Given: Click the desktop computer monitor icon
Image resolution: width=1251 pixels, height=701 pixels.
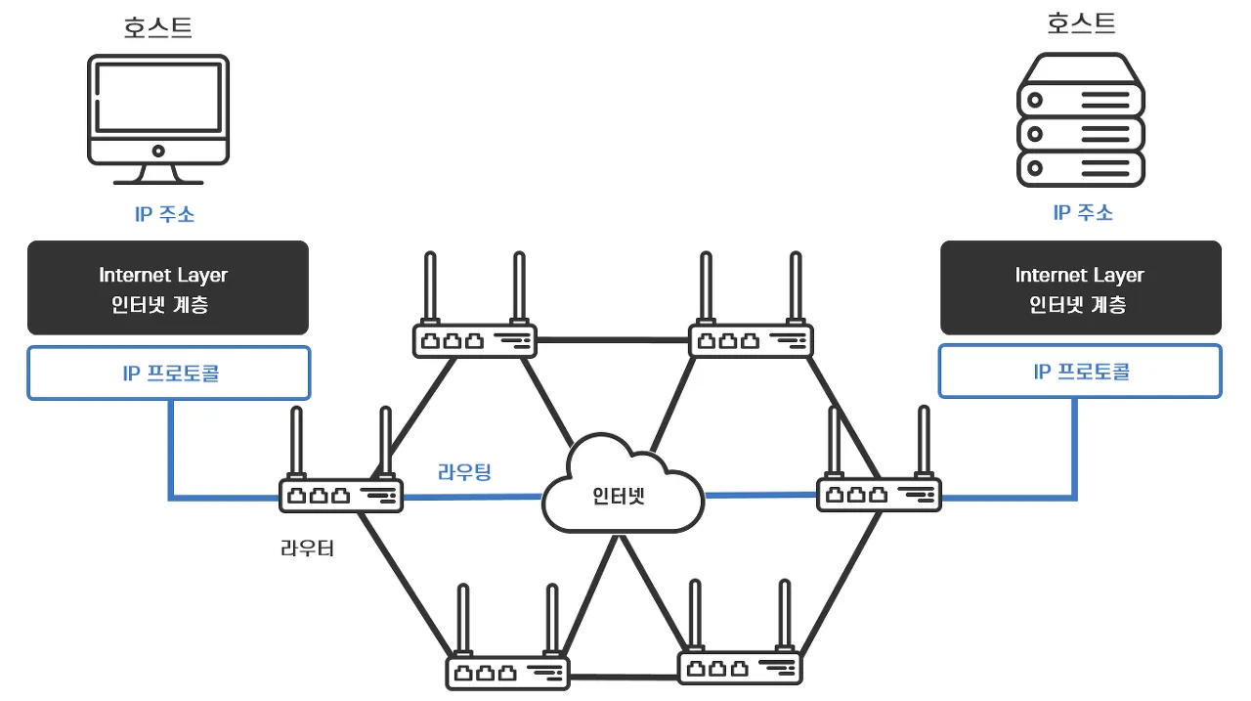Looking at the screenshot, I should [158, 117].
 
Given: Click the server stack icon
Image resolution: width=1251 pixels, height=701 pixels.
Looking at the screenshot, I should [1080, 120].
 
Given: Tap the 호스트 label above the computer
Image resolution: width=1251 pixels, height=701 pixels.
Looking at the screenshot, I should [158, 27].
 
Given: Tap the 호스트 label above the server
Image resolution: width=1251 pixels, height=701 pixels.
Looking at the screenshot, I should [1081, 23].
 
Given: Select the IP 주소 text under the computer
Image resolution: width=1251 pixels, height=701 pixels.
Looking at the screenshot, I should [164, 214].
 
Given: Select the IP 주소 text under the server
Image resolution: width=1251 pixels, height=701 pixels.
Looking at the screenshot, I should [1083, 212].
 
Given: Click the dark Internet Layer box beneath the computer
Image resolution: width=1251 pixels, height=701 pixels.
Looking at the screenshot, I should [168, 288].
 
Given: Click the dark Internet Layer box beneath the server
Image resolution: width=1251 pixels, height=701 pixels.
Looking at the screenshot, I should [1080, 288].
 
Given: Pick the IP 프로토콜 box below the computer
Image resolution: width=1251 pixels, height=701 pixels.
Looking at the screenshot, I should [168, 372].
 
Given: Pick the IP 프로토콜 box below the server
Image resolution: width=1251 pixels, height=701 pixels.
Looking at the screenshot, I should [1080, 372].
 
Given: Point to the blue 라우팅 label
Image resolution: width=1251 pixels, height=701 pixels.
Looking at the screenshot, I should [464, 472].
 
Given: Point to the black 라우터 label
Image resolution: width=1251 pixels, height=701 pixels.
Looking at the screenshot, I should [307, 548].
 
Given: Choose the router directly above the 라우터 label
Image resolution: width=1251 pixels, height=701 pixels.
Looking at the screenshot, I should [341, 495].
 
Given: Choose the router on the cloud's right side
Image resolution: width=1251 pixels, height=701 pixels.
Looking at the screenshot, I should [879, 494].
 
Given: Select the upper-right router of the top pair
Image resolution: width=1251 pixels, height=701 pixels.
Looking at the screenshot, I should [751, 340].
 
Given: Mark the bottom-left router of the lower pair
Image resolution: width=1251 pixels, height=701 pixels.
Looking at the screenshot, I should [507, 673].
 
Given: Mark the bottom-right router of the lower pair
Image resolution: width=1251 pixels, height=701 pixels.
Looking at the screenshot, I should [739, 667].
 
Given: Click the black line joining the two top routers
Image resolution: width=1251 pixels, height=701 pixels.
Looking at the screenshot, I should [613, 340].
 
